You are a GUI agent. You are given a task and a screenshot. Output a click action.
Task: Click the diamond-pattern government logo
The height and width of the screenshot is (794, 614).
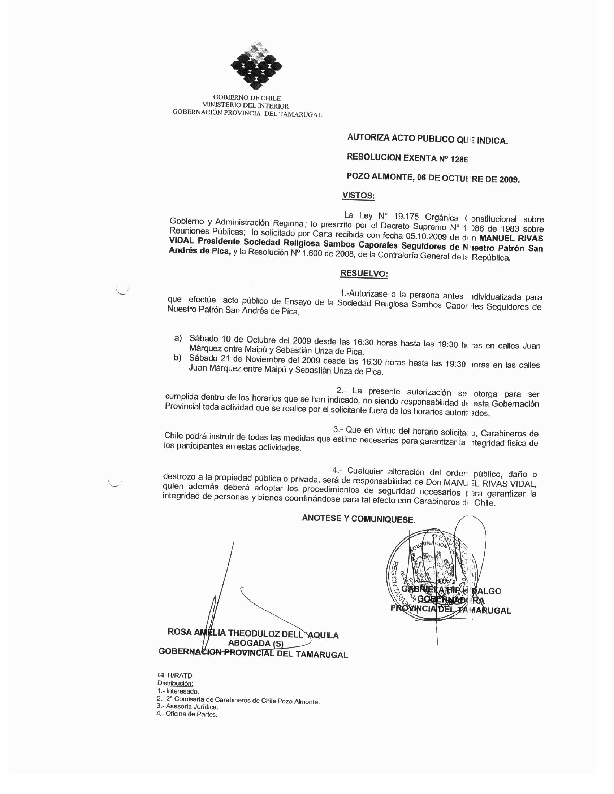coord(256,66)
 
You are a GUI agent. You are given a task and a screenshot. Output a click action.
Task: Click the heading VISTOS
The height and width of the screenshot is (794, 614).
coord(358,196)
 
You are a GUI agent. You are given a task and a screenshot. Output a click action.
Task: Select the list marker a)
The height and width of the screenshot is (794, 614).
coord(178,339)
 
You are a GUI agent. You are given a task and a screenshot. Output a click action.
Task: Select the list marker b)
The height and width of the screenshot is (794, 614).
coord(177,358)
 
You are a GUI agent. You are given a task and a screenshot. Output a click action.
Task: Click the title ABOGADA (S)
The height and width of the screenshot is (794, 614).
coord(255,644)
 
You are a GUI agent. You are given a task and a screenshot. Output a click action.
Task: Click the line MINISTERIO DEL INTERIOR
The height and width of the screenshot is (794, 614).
coord(247,106)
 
